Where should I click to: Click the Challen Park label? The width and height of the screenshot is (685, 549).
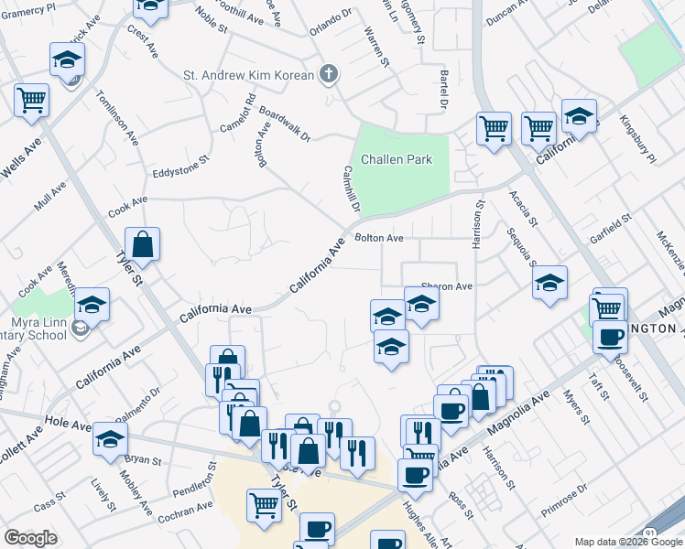coord(396,159)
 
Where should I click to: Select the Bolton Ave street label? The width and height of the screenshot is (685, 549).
coord(379,238)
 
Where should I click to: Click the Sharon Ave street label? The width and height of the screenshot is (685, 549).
coord(446,286)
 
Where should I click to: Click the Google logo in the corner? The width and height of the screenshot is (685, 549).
coord(30,538)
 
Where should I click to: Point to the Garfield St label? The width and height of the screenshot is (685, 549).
coord(611,225)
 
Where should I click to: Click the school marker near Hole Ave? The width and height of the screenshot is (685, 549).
coord(110,441)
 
